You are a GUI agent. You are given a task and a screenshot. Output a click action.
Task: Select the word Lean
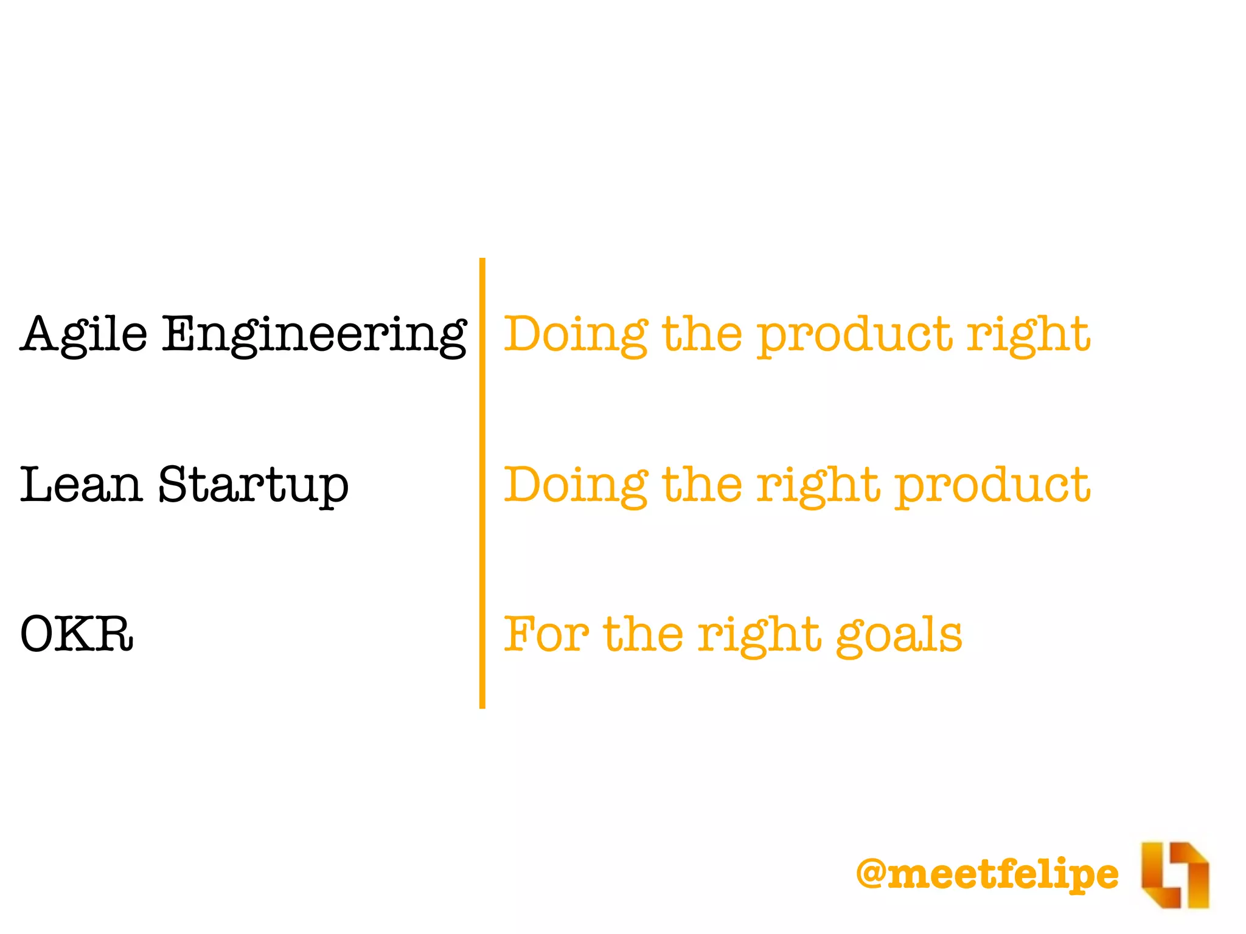[x=81, y=485]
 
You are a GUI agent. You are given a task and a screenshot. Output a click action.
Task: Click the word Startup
[x=253, y=485]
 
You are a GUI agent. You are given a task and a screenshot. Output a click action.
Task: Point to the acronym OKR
[x=77, y=634]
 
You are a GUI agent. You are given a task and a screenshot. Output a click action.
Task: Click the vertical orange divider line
[x=482, y=483]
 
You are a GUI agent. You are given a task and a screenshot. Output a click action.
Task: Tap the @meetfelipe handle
[x=987, y=874]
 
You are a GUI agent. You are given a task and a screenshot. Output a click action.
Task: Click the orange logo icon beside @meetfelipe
[x=1174, y=874]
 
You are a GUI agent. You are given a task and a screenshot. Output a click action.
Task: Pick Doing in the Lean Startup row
[x=576, y=485]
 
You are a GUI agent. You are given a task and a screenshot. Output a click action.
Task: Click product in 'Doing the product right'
[x=854, y=336]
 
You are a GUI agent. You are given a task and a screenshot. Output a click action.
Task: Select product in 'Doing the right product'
[x=992, y=486]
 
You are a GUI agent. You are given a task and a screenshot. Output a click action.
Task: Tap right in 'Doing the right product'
[x=818, y=485]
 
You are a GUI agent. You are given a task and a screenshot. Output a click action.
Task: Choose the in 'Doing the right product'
[x=701, y=485]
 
